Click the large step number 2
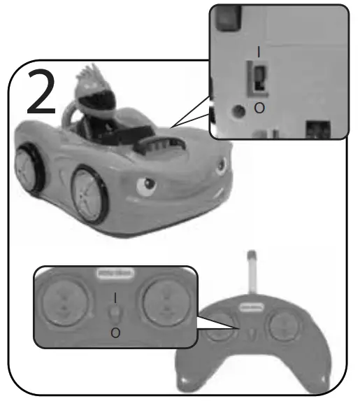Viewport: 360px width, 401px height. tap(42, 92)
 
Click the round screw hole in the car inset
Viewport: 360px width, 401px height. tap(241, 109)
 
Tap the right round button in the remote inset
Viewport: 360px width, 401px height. tap(166, 302)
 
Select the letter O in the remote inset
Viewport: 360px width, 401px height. tap(115, 332)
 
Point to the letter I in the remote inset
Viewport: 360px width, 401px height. tap(115, 297)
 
